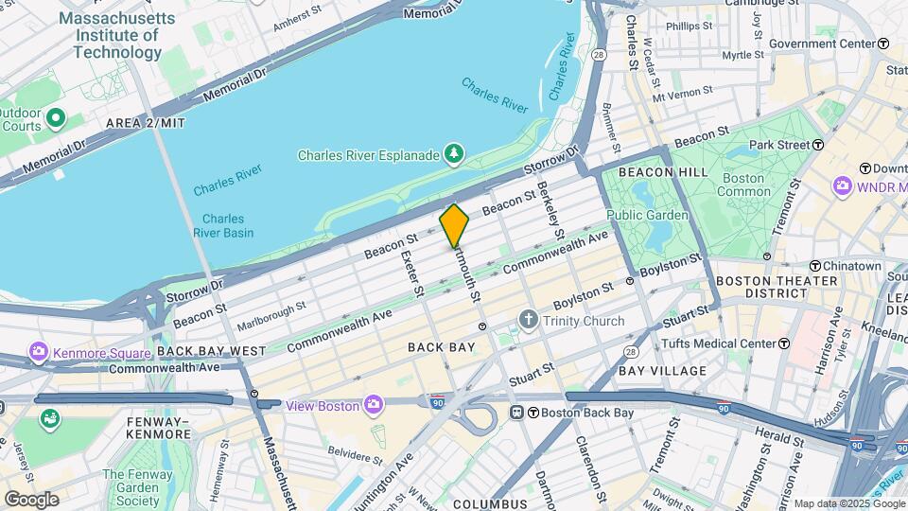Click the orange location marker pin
coord(455,225)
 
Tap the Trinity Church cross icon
coord(529,321)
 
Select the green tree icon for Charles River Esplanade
coord(455,153)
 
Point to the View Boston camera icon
coord(375,405)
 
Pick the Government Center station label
coord(821,44)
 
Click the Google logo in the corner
coord(31,499)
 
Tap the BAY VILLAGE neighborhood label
coord(662,370)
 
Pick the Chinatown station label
coord(851,266)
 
